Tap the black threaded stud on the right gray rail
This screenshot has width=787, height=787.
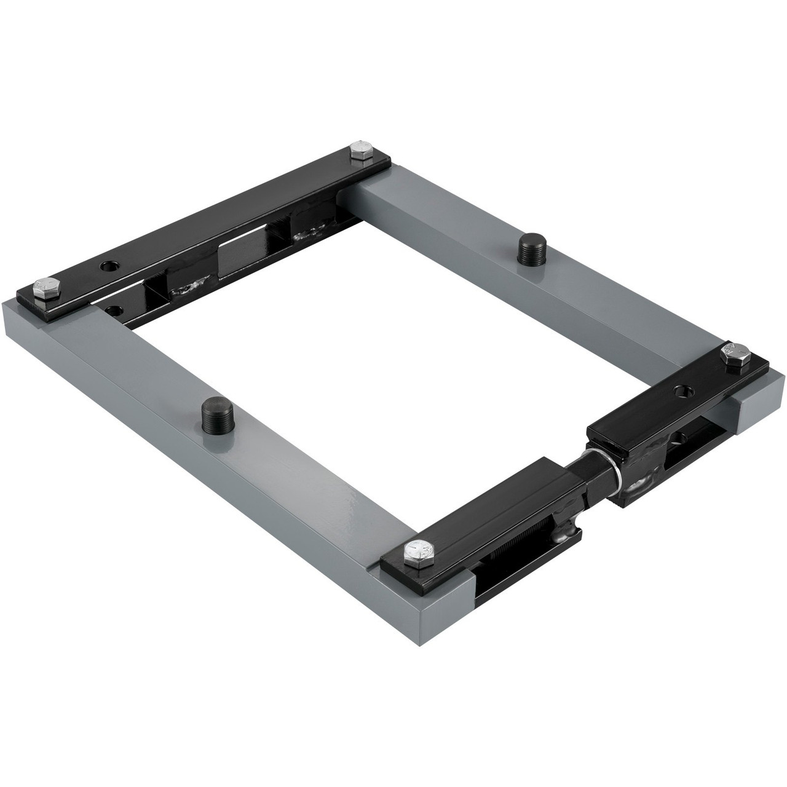pos(529,247)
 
